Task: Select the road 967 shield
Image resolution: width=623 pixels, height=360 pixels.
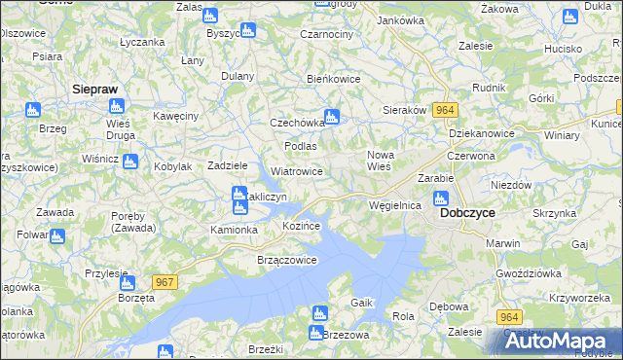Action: tap(165, 281)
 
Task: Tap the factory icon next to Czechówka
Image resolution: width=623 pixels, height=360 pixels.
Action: tap(331, 118)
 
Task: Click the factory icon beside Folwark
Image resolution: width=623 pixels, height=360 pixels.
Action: tap(56, 235)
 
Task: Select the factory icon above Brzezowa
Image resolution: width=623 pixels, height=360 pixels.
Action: tap(317, 313)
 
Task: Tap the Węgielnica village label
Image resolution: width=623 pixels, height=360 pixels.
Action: tap(394, 205)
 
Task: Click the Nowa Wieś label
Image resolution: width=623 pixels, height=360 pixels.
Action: tap(379, 160)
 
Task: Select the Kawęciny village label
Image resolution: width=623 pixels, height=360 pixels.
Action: tap(175, 116)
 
